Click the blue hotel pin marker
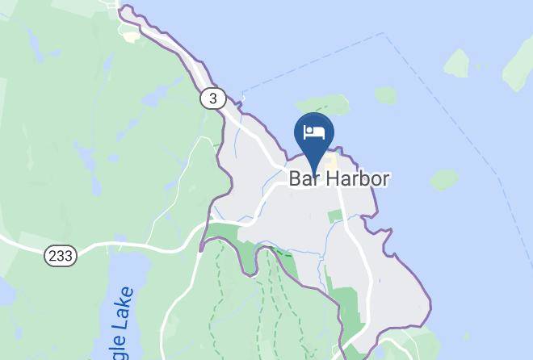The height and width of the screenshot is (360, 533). [314, 134]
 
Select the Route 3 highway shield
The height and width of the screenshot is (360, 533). [212, 98]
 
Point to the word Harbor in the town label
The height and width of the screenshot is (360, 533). [359, 178]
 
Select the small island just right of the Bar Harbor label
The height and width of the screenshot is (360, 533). [443, 179]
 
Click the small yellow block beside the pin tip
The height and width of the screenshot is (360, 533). [331, 161]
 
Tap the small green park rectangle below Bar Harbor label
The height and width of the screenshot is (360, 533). [335, 216]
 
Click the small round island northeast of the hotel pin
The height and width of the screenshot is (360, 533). [385, 95]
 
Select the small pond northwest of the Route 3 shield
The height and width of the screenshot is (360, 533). [150, 101]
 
